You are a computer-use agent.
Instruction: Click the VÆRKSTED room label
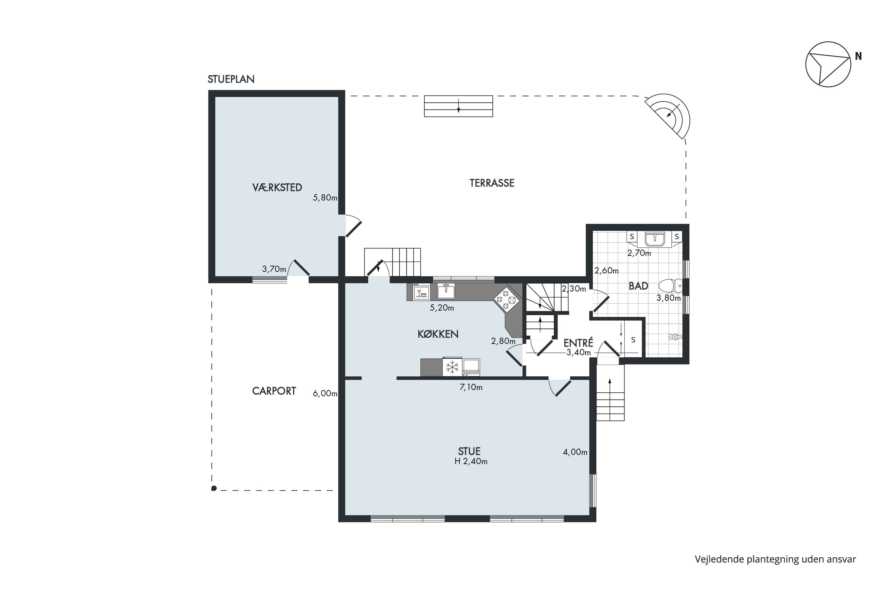[x=277, y=187]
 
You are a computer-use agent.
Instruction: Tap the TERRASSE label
[x=491, y=183]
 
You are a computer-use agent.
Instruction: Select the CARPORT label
[x=274, y=391]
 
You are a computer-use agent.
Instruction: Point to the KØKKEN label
[x=438, y=334]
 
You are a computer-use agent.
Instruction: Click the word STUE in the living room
[x=469, y=451]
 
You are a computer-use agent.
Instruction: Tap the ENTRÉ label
[x=578, y=343]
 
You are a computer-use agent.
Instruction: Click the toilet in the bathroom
[x=670, y=286]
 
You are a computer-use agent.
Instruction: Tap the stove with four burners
[x=506, y=299]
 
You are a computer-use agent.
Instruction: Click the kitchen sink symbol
[x=446, y=291]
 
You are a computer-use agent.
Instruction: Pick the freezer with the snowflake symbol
[x=452, y=367]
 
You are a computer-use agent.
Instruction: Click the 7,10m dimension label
[x=471, y=387]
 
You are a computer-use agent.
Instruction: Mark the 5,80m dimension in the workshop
[x=325, y=198]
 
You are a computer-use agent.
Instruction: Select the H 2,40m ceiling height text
[x=471, y=461]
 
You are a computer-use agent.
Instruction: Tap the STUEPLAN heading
[x=231, y=79]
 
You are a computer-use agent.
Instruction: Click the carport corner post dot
[x=214, y=488]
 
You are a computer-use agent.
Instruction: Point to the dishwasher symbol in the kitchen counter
[x=421, y=292]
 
